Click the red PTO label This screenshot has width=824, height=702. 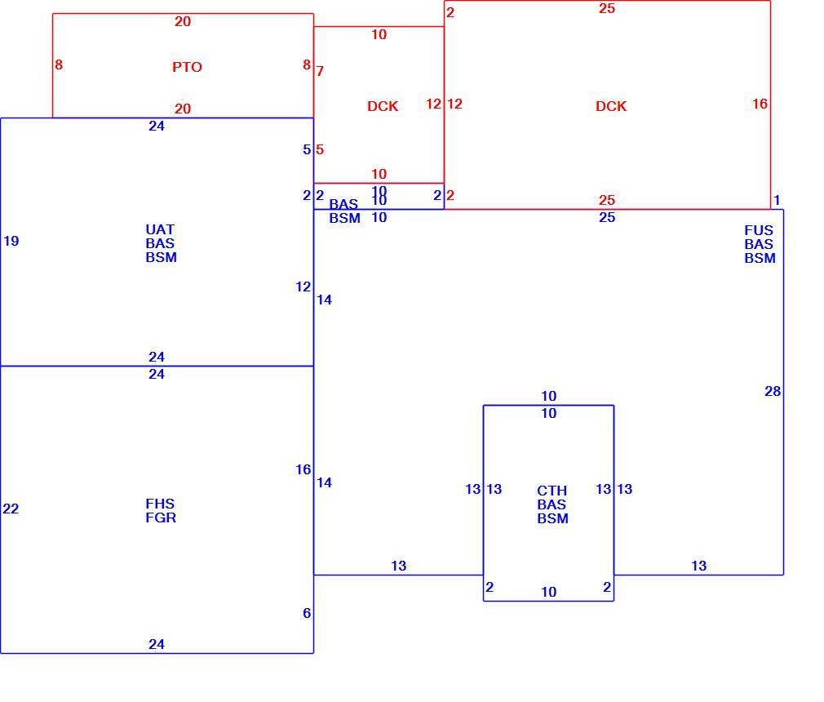(x=187, y=67)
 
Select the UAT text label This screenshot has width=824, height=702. (x=160, y=230)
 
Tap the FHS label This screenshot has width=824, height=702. (x=160, y=504)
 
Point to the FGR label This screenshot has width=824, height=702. (x=161, y=518)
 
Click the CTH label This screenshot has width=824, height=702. (x=552, y=491)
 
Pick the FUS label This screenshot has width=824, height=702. (x=758, y=230)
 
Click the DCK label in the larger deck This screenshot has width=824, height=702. (x=611, y=106)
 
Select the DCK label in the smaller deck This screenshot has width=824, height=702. (x=383, y=106)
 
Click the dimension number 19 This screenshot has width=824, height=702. (x=11, y=242)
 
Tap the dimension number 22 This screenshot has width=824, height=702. (x=11, y=509)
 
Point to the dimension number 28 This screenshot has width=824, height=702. (x=773, y=391)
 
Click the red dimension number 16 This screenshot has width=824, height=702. (x=760, y=104)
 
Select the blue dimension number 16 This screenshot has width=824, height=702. (x=303, y=469)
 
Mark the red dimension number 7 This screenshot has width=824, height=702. (x=320, y=71)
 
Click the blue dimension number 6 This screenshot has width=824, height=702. (x=307, y=613)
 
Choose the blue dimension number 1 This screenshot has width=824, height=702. (x=777, y=200)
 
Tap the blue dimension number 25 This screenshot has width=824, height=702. (x=607, y=218)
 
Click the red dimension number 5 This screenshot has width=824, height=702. (x=320, y=150)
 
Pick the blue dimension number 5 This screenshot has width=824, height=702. (x=307, y=150)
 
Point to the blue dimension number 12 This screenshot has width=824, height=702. (x=303, y=287)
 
